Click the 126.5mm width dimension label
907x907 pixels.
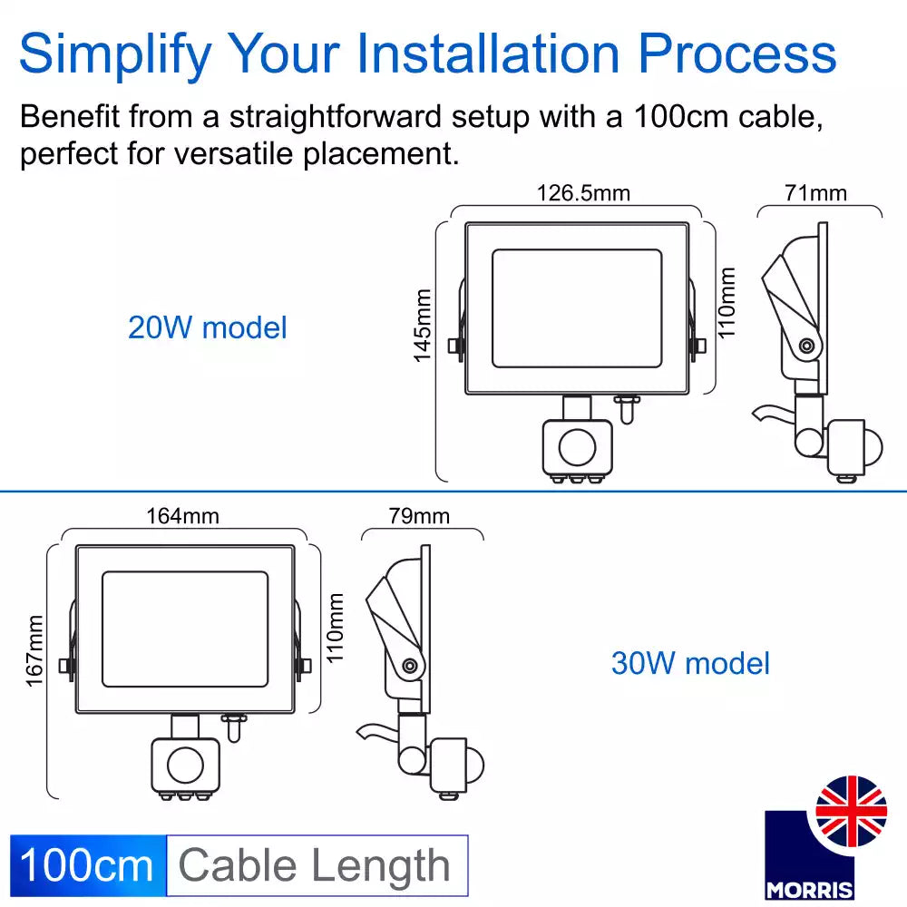point(583,193)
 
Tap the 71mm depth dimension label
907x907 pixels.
point(815,193)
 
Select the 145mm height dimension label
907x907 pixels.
point(423,326)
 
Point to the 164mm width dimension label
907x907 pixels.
point(183,516)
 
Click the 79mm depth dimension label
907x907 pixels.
point(419,516)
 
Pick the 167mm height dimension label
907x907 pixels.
point(34,650)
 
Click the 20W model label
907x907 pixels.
point(207,327)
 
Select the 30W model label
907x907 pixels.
point(690,663)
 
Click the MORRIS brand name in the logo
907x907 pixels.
point(809,890)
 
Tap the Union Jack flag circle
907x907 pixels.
point(851,811)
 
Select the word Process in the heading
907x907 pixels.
point(736,54)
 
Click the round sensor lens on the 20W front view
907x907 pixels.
point(577,447)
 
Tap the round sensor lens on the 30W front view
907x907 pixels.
point(186,765)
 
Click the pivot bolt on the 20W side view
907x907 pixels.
point(806,346)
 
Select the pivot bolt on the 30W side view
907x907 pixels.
point(410,666)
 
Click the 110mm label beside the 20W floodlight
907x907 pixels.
point(726,303)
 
